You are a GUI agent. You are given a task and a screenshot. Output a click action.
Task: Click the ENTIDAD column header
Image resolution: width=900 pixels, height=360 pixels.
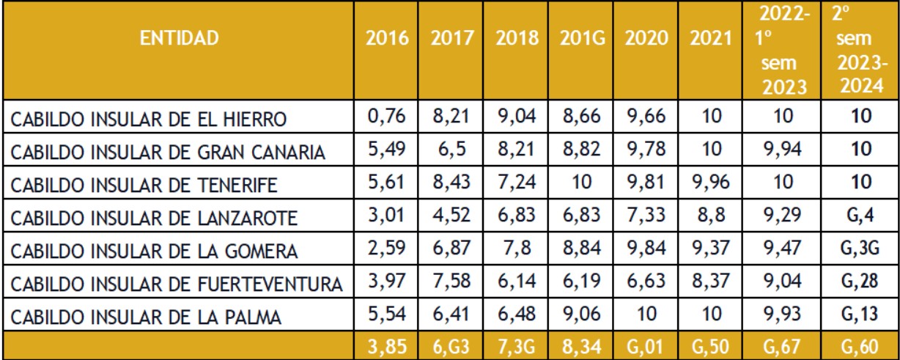(x=180, y=38)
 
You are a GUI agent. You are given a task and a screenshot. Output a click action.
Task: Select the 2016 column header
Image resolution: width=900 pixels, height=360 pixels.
(x=387, y=38)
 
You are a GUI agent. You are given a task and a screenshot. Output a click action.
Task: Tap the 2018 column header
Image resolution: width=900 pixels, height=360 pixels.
(x=517, y=38)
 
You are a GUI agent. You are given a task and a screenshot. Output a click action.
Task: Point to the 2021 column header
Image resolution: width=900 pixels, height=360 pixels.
(x=711, y=38)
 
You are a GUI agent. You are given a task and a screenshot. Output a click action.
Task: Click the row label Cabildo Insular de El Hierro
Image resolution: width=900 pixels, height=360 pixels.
(x=148, y=120)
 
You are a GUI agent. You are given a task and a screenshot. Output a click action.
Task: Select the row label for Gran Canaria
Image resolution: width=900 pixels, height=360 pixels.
(x=168, y=153)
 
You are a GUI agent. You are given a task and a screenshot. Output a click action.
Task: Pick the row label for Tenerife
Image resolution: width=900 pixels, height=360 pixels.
(x=144, y=185)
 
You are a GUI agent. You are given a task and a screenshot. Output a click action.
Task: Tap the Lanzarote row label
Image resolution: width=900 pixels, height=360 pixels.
(x=154, y=218)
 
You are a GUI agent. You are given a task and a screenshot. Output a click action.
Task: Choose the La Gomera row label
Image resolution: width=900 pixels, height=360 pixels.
(x=154, y=251)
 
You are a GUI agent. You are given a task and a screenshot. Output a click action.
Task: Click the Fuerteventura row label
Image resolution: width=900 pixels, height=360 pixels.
(x=177, y=284)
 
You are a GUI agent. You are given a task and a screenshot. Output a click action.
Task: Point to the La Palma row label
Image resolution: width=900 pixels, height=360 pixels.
(x=145, y=317)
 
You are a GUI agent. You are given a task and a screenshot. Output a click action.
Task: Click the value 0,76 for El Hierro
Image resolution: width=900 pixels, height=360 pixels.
(x=386, y=116)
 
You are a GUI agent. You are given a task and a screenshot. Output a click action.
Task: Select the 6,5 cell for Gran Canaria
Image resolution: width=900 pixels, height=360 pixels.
(x=451, y=149)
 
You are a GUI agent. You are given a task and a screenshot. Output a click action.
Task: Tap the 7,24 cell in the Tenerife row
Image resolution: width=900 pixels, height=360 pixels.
(x=517, y=182)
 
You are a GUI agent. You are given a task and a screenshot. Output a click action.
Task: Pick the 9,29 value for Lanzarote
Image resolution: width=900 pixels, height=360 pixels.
(x=782, y=215)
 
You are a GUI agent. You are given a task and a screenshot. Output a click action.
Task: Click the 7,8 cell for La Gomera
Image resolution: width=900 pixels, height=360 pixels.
(x=517, y=248)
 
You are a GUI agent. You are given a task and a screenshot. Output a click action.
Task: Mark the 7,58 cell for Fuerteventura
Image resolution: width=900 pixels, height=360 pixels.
(x=451, y=281)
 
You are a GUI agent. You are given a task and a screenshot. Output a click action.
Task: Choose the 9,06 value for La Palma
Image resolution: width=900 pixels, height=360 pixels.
(x=582, y=314)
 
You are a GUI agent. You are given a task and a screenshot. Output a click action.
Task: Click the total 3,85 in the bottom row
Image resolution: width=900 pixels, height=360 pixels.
(x=387, y=347)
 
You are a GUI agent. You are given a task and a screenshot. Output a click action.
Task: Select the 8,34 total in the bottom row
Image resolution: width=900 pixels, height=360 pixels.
(x=582, y=347)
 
